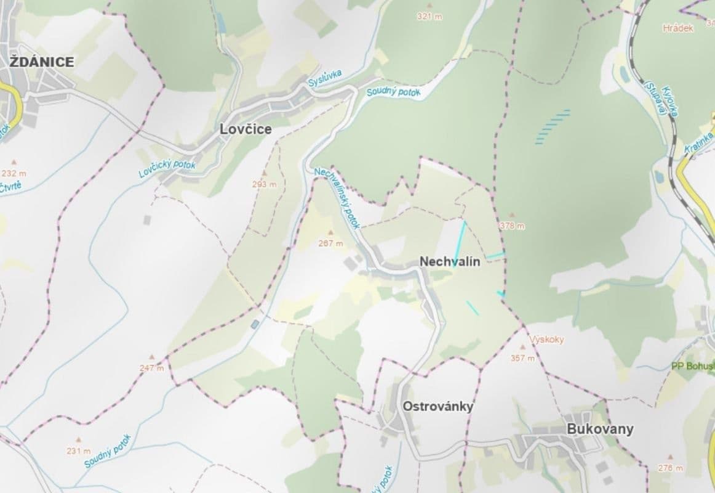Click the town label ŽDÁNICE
(42, 62)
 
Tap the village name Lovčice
(246, 130)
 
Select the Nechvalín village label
(450, 261)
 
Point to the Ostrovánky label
(437, 406)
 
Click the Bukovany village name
(600, 429)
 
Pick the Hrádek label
(678, 28)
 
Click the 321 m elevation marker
(429, 17)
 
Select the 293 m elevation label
(264, 184)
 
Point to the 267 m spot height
(330, 243)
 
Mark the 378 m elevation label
(513, 226)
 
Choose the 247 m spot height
(151, 368)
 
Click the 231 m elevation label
(78, 451)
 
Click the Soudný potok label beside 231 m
(108, 451)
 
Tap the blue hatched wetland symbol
(552, 127)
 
